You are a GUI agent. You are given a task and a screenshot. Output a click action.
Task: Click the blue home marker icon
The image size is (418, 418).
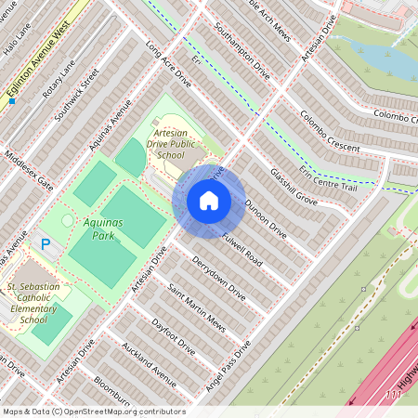[209, 201]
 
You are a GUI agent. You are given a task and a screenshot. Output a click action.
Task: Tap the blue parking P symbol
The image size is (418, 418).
[45, 244]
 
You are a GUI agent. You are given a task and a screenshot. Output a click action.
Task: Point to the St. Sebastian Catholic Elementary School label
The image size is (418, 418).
[34, 303]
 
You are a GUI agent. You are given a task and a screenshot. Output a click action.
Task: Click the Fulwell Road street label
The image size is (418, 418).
[241, 249]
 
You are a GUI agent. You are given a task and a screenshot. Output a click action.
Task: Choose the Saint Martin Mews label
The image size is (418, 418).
[196, 306]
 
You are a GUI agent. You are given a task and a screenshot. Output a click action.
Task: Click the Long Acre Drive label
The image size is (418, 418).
[168, 64]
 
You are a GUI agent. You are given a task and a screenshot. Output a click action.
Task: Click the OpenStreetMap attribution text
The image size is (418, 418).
[93, 411]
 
